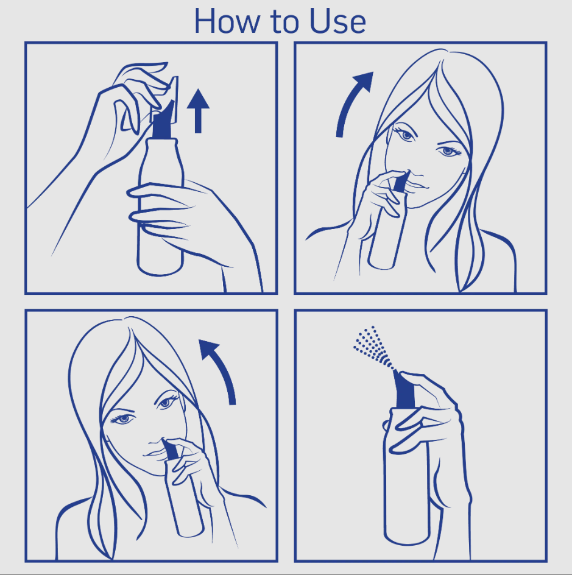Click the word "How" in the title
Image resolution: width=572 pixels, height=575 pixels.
(226, 21)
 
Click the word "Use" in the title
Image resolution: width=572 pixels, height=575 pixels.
(337, 21)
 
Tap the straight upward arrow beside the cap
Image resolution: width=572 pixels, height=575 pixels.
(198, 110)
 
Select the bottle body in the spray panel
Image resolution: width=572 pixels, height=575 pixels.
(406, 477)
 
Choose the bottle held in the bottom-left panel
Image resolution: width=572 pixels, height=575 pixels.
(184, 498)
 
